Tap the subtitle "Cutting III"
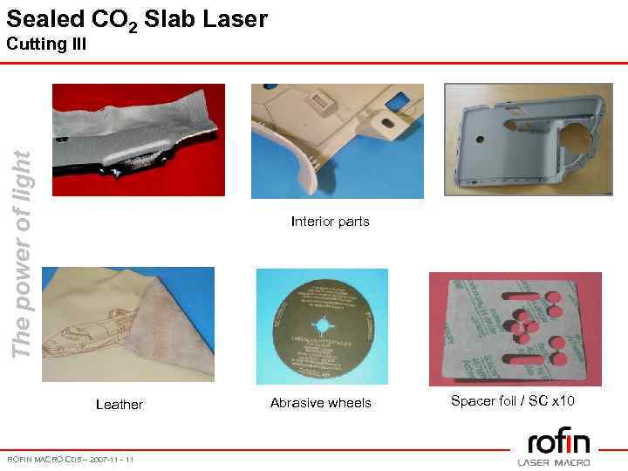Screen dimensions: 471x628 [46, 44]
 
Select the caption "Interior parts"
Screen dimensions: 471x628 [330, 222]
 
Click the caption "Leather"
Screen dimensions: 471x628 [119, 404]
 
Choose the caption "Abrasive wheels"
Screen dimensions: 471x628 [320, 403]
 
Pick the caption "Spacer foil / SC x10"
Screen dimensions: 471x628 [512, 401]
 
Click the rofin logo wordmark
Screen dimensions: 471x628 [558, 441]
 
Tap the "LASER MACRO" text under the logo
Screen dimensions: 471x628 [554, 462]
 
